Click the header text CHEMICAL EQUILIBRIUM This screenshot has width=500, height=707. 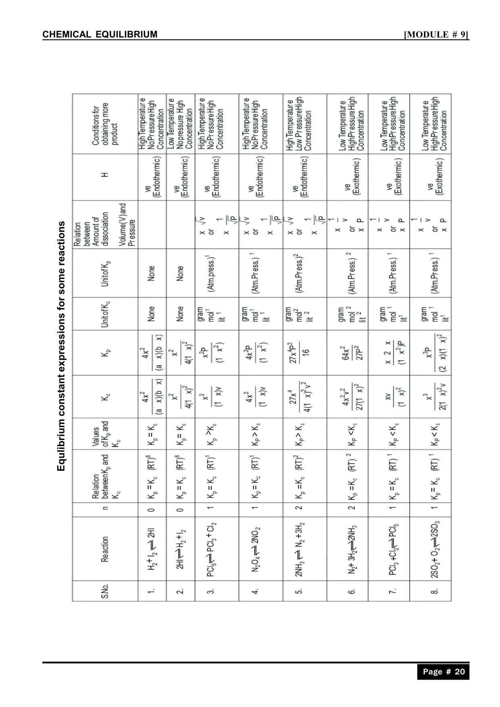click(x=100, y=34)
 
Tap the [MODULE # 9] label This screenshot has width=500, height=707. click(x=436, y=34)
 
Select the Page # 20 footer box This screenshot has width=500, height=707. click(x=443, y=672)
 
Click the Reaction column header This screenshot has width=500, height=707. click(x=105, y=549)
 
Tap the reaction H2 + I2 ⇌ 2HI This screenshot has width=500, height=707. click(x=152, y=549)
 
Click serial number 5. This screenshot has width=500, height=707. click(x=299, y=591)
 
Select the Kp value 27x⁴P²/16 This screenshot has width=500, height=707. click(x=300, y=353)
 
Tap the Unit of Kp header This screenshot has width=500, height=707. click(x=106, y=273)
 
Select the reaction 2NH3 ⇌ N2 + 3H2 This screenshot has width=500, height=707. click(x=300, y=549)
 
